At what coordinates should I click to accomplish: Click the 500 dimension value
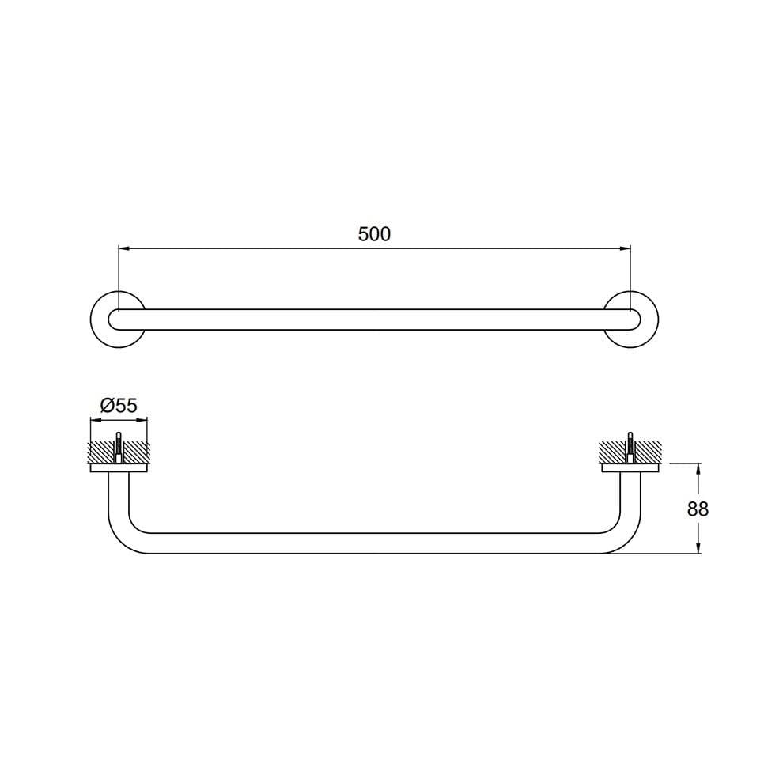click(374, 234)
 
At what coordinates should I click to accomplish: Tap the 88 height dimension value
click(698, 509)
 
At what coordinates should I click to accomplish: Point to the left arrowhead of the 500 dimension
click(123, 248)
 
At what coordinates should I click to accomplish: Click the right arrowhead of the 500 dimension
click(626, 248)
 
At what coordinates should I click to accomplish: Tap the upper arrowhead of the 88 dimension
click(698, 469)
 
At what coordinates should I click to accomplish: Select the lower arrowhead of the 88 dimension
click(698, 548)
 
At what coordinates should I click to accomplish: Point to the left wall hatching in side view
click(101, 453)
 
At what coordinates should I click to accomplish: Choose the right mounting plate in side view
click(630, 468)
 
